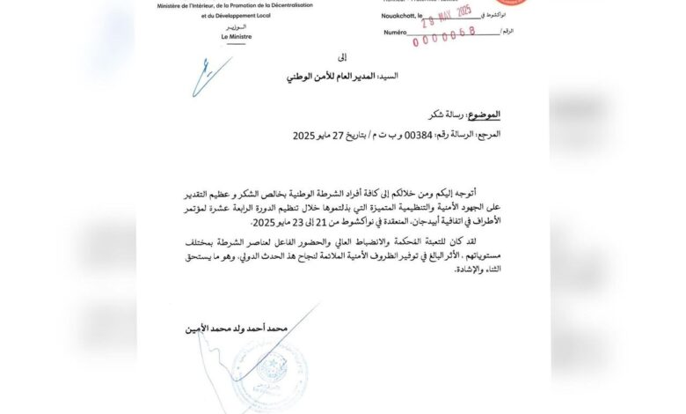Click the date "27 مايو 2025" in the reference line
(x=320, y=137)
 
